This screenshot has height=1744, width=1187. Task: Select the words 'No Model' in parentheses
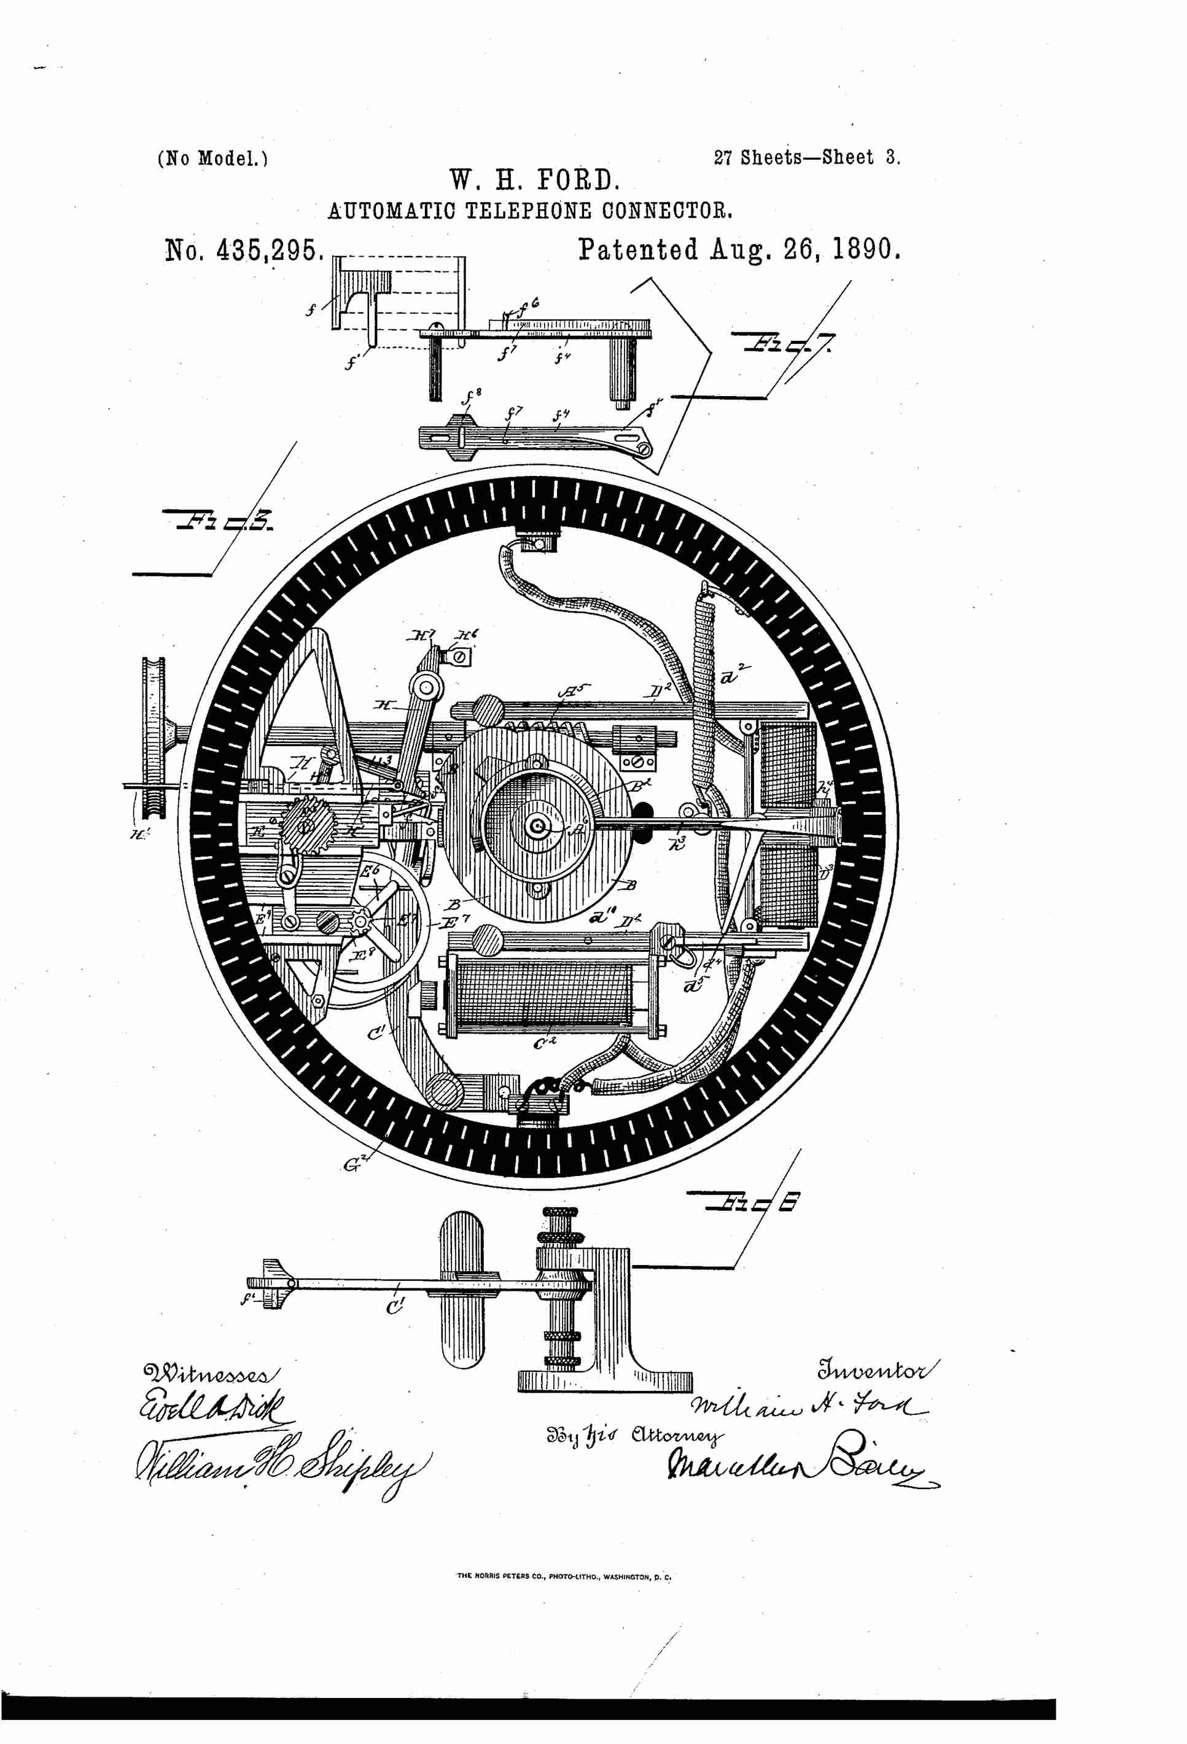pos(212,159)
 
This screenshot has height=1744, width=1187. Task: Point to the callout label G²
pos(352,1164)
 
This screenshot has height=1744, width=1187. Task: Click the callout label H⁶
pos(466,636)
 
